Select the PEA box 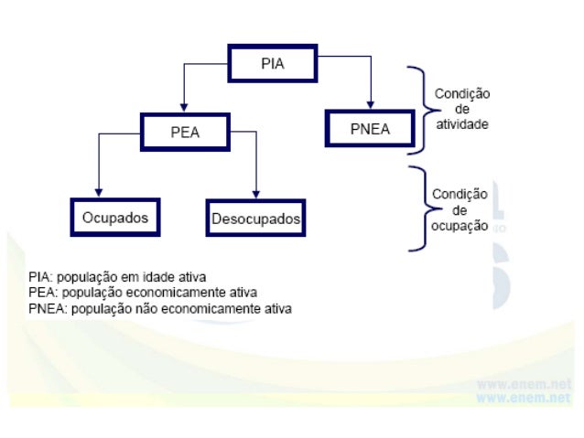pos(185,131)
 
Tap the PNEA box pos(370,129)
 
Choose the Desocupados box pos(255,219)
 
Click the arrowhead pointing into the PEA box pos(185,109)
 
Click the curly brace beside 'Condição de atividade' pos(420,107)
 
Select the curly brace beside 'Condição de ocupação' pos(419,208)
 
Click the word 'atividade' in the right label pos(461,122)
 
